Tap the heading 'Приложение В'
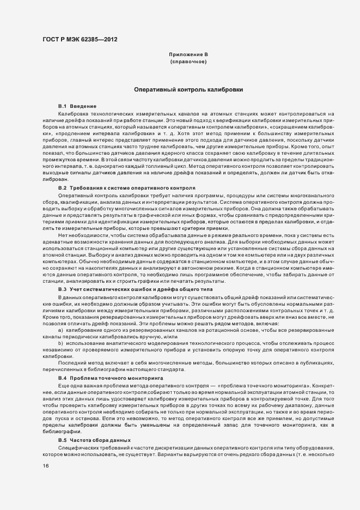pos(188,55)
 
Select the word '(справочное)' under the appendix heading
pos(188,62)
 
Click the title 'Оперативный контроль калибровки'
pos(188,89)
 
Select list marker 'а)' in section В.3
pos(60,330)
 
